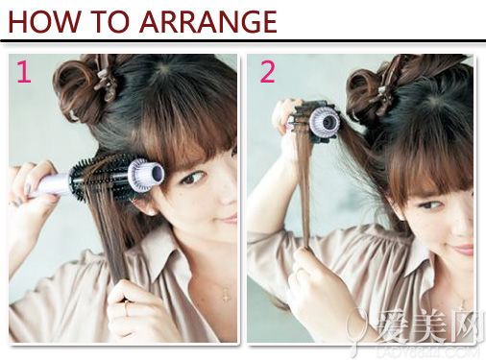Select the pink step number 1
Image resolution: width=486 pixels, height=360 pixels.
23,73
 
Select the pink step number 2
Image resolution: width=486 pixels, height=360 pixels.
266,72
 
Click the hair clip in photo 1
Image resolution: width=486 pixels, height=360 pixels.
103,81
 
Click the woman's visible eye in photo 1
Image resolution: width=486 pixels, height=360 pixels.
193,177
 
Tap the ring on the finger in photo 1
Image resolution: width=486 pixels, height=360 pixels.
126,309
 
